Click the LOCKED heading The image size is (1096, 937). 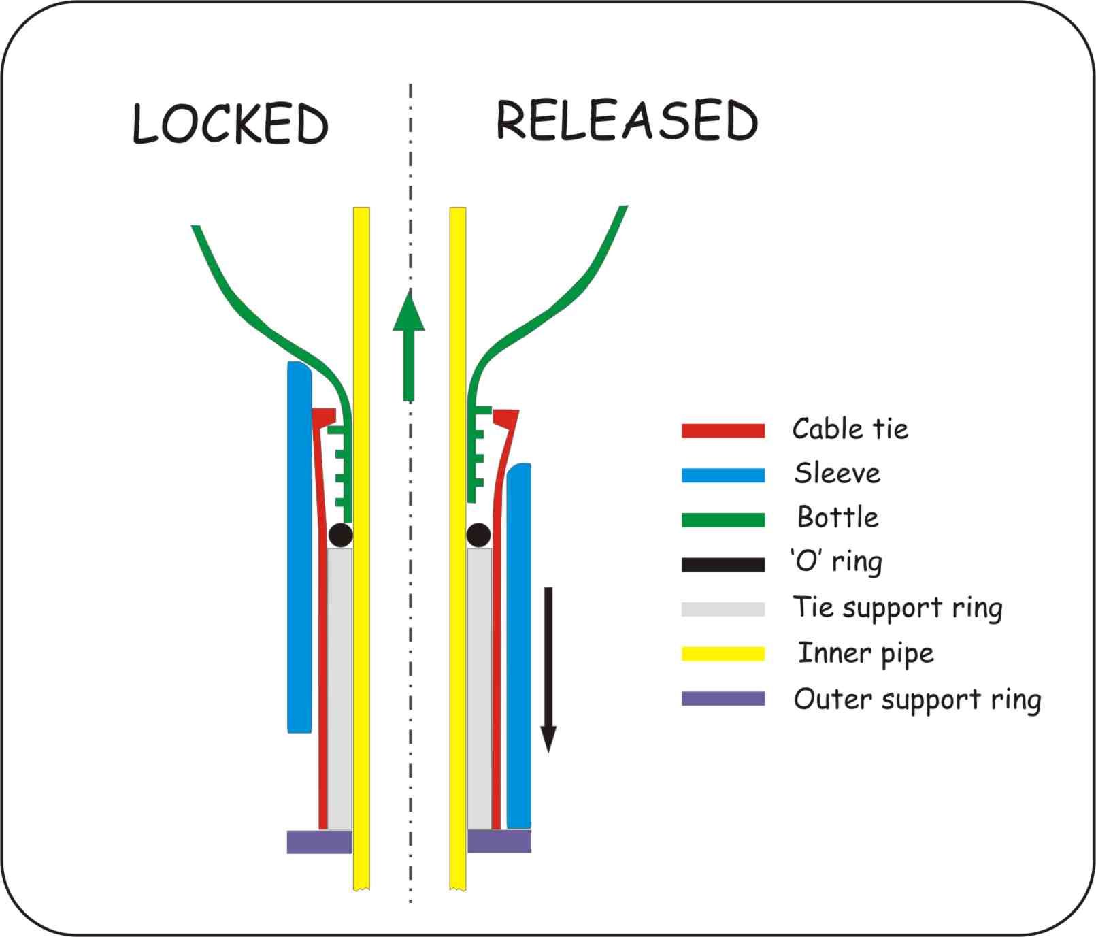(230, 124)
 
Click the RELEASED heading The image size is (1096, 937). (627, 120)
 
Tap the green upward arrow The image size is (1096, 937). (408, 347)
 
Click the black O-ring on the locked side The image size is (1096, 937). (340, 535)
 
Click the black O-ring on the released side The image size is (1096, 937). (479, 535)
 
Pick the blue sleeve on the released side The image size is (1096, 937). (519, 646)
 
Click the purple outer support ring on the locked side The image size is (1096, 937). (319, 842)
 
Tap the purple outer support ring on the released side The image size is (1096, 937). (499, 842)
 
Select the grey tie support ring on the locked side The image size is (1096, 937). (339, 687)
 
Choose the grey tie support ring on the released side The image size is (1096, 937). (479, 687)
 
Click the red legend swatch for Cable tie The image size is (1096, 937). (723, 430)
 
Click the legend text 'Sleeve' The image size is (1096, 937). (837, 474)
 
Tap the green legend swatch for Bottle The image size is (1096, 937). (723, 520)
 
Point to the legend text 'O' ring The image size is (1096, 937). (836, 562)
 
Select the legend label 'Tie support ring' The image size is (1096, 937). (897, 608)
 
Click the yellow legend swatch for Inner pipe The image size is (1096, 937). (723, 654)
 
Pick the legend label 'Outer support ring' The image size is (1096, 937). (916, 699)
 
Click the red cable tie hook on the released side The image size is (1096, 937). (506, 417)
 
